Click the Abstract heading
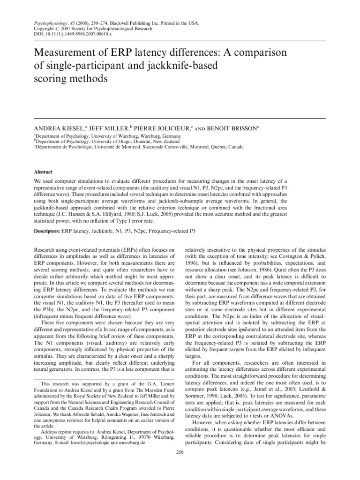coord(43,172)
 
